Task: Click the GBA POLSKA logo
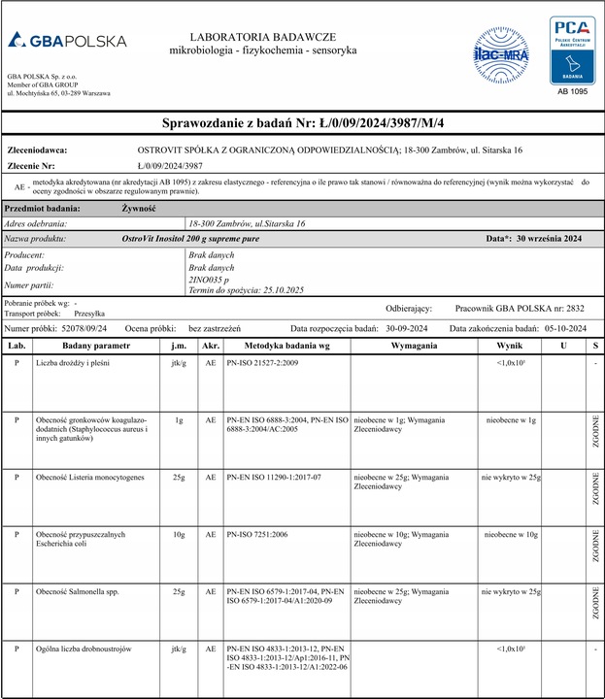pyautogui.click(x=67, y=41)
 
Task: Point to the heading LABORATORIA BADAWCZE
pyautogui.click(x=262, y=35)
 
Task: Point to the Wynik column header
pyautogui.click(x=510, y=345)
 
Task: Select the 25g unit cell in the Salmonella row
pyautogui.click(x=179, y=590)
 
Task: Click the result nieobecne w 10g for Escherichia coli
pyautogui.click(x=510, y=534)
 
